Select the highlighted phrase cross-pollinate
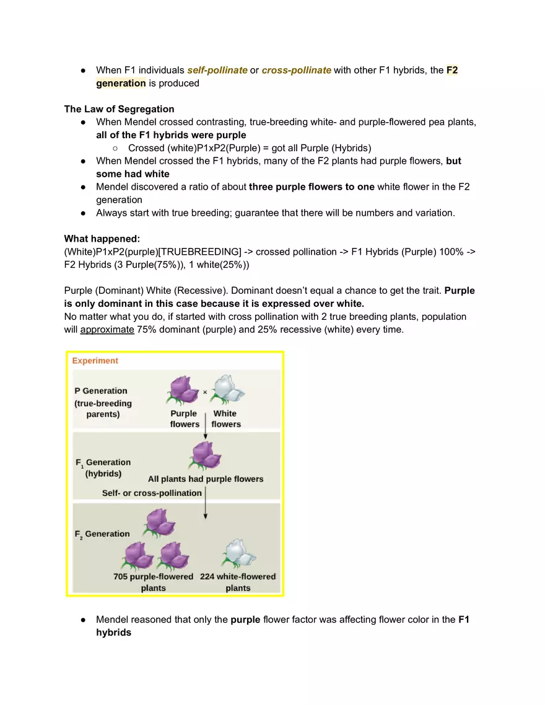click(x=296, y=70)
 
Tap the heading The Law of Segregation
click(x=119, y=109)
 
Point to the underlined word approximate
click(x=107, y=329)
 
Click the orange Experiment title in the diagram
click(x=95, y=361)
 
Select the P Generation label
click(x=101, y=391)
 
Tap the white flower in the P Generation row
click(x=228, y=389)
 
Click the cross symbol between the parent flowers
click(x=205, y=392)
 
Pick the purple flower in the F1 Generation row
click(x=206, y=456)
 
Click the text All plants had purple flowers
click(x=206, y=479)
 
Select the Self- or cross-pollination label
click(x=152, y=493)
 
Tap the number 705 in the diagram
click(x=121, y=576)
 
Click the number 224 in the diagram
click(x=208, y=576)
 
